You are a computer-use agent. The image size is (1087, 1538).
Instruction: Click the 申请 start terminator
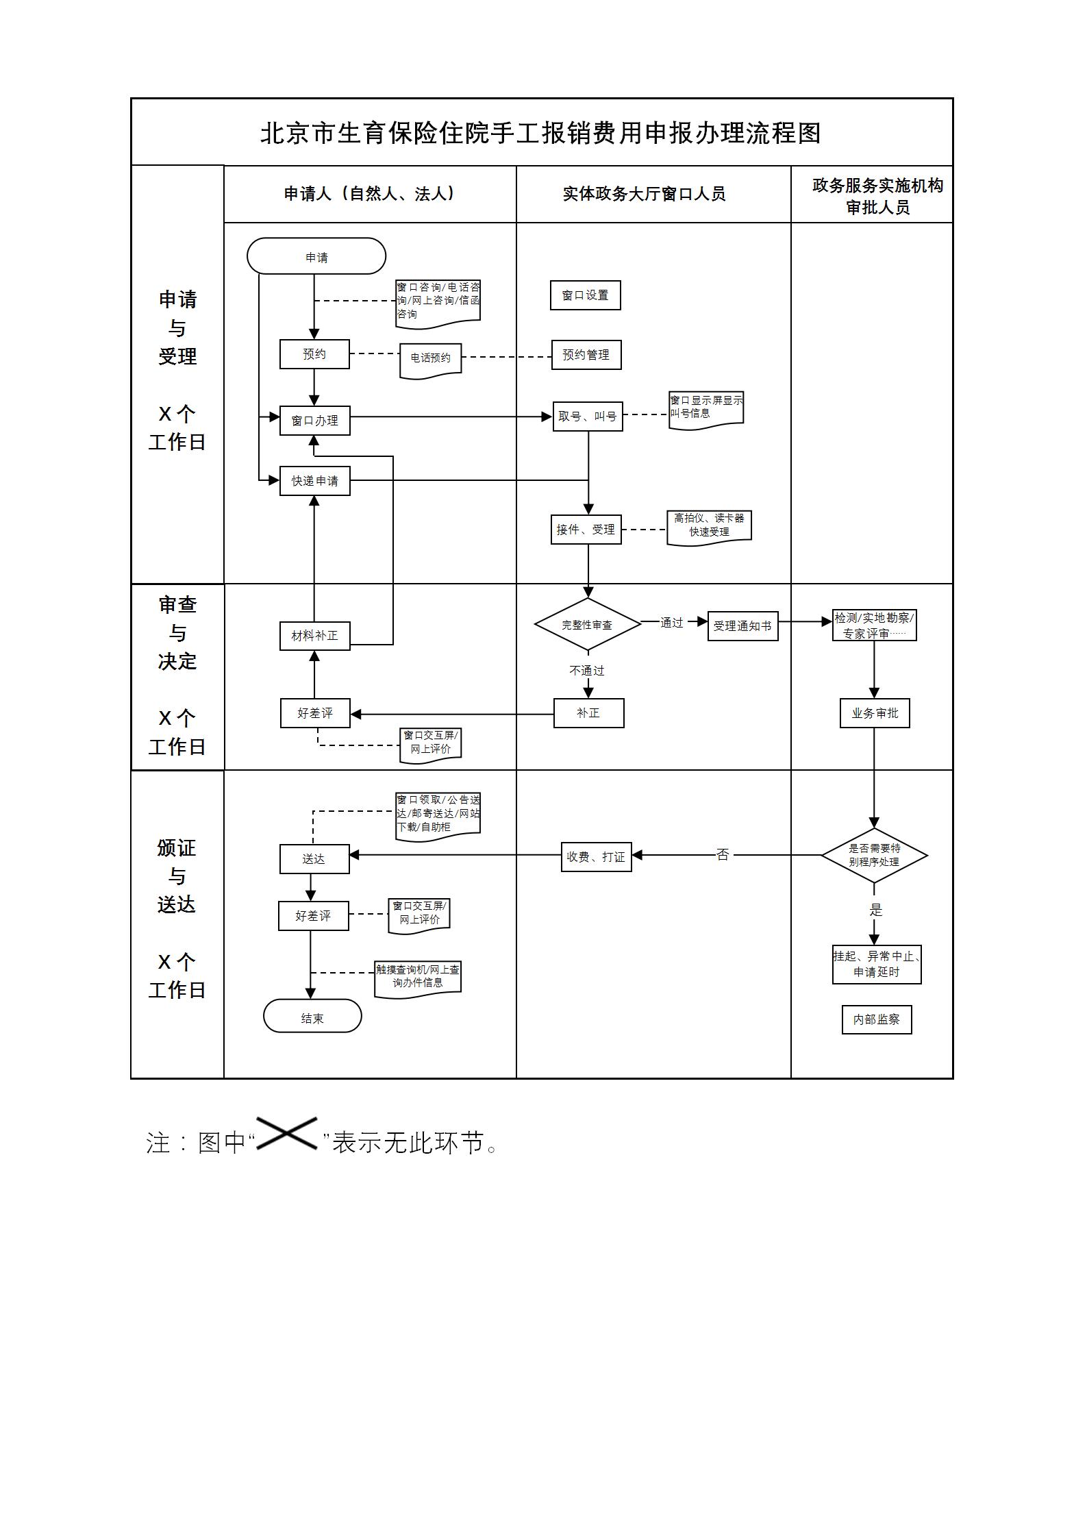[316, 257]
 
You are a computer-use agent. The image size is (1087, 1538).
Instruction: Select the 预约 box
[314, 354]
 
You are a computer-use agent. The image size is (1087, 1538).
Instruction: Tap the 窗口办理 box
[314, 421]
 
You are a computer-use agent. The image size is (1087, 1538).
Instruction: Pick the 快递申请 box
[314, 481]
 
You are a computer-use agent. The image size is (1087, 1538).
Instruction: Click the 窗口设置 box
[585, 295]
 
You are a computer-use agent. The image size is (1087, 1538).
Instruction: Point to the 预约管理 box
[586, 355]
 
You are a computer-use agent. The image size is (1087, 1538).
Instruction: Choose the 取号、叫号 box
[588, 417]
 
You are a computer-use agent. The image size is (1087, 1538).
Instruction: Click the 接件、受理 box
[586, 530]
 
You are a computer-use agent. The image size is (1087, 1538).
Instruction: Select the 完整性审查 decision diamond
[587, 625]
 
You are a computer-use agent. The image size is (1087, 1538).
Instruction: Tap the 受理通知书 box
[742, 626]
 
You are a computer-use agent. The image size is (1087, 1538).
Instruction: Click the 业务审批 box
[875, 713]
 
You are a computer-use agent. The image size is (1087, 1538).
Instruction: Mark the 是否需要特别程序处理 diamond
[874, 856]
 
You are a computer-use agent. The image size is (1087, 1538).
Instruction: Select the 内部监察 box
[877, 1020]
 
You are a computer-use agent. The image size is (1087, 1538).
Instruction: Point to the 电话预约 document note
[431, 358]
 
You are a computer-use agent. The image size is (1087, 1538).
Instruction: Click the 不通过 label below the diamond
[587, 671]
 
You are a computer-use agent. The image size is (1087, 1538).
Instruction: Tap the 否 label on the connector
[723, 855]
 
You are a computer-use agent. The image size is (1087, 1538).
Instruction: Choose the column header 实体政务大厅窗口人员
[644, 195]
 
